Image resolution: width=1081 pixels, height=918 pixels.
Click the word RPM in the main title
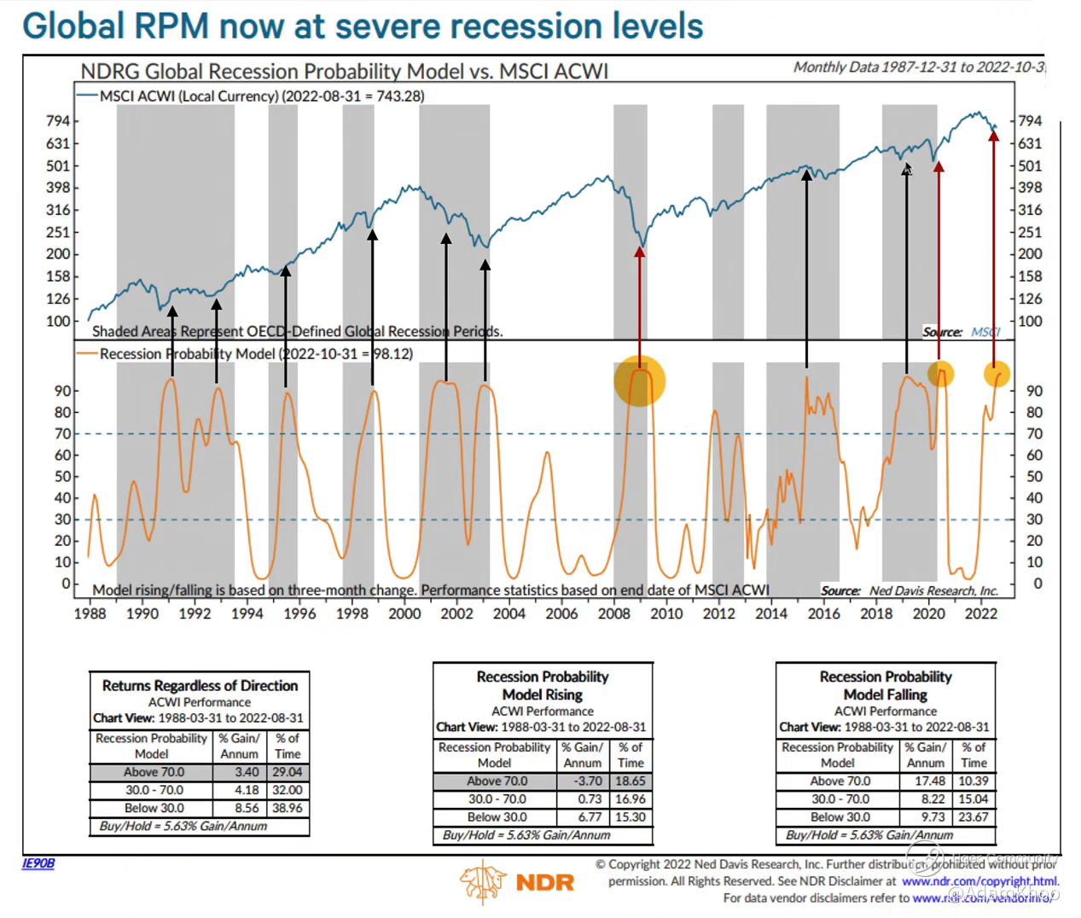click(171, 26)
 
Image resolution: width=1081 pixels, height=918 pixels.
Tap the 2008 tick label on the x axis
click(614, 613)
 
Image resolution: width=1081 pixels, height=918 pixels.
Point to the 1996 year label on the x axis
click(299, 613)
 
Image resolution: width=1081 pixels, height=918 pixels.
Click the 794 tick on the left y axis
click(58, 121)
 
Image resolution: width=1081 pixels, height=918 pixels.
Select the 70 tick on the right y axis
click(1034, 433)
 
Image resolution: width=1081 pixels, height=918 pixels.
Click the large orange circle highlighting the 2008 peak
click(639, 381)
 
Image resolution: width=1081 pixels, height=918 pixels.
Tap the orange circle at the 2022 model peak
click(997, 374)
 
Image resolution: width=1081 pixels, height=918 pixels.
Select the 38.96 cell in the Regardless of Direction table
click(288, 808)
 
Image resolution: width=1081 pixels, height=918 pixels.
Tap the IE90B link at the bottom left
click(38, 863)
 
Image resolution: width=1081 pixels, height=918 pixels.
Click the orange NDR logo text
click(544, 882)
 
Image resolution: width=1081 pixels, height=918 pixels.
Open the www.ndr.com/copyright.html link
click(979, 881)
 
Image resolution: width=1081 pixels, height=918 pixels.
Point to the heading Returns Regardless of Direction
click(200, 685)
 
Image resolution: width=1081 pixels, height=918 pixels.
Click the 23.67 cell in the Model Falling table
click(973, 816)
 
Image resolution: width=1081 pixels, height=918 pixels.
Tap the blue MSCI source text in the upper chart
click(985, 332)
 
